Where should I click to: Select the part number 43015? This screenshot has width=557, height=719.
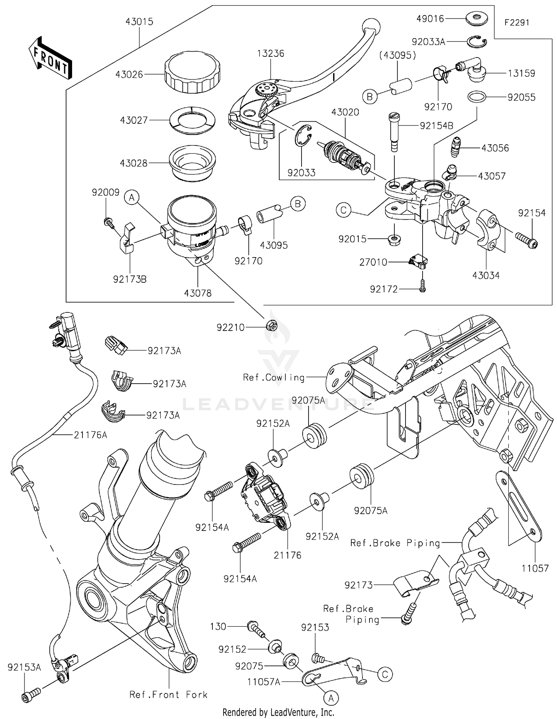(x=139, y=22)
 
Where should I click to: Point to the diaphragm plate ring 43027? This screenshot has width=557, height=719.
(x=192, y=120)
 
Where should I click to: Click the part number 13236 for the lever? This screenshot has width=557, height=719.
(x=270, y=53)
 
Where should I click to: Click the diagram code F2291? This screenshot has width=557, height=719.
(x=517, y=23)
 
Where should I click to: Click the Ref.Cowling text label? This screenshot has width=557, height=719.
(x=274, y=378)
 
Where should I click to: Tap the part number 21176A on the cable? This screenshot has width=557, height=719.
(x=90, y=435)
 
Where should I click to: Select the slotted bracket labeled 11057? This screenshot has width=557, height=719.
(x=519, y=505)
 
